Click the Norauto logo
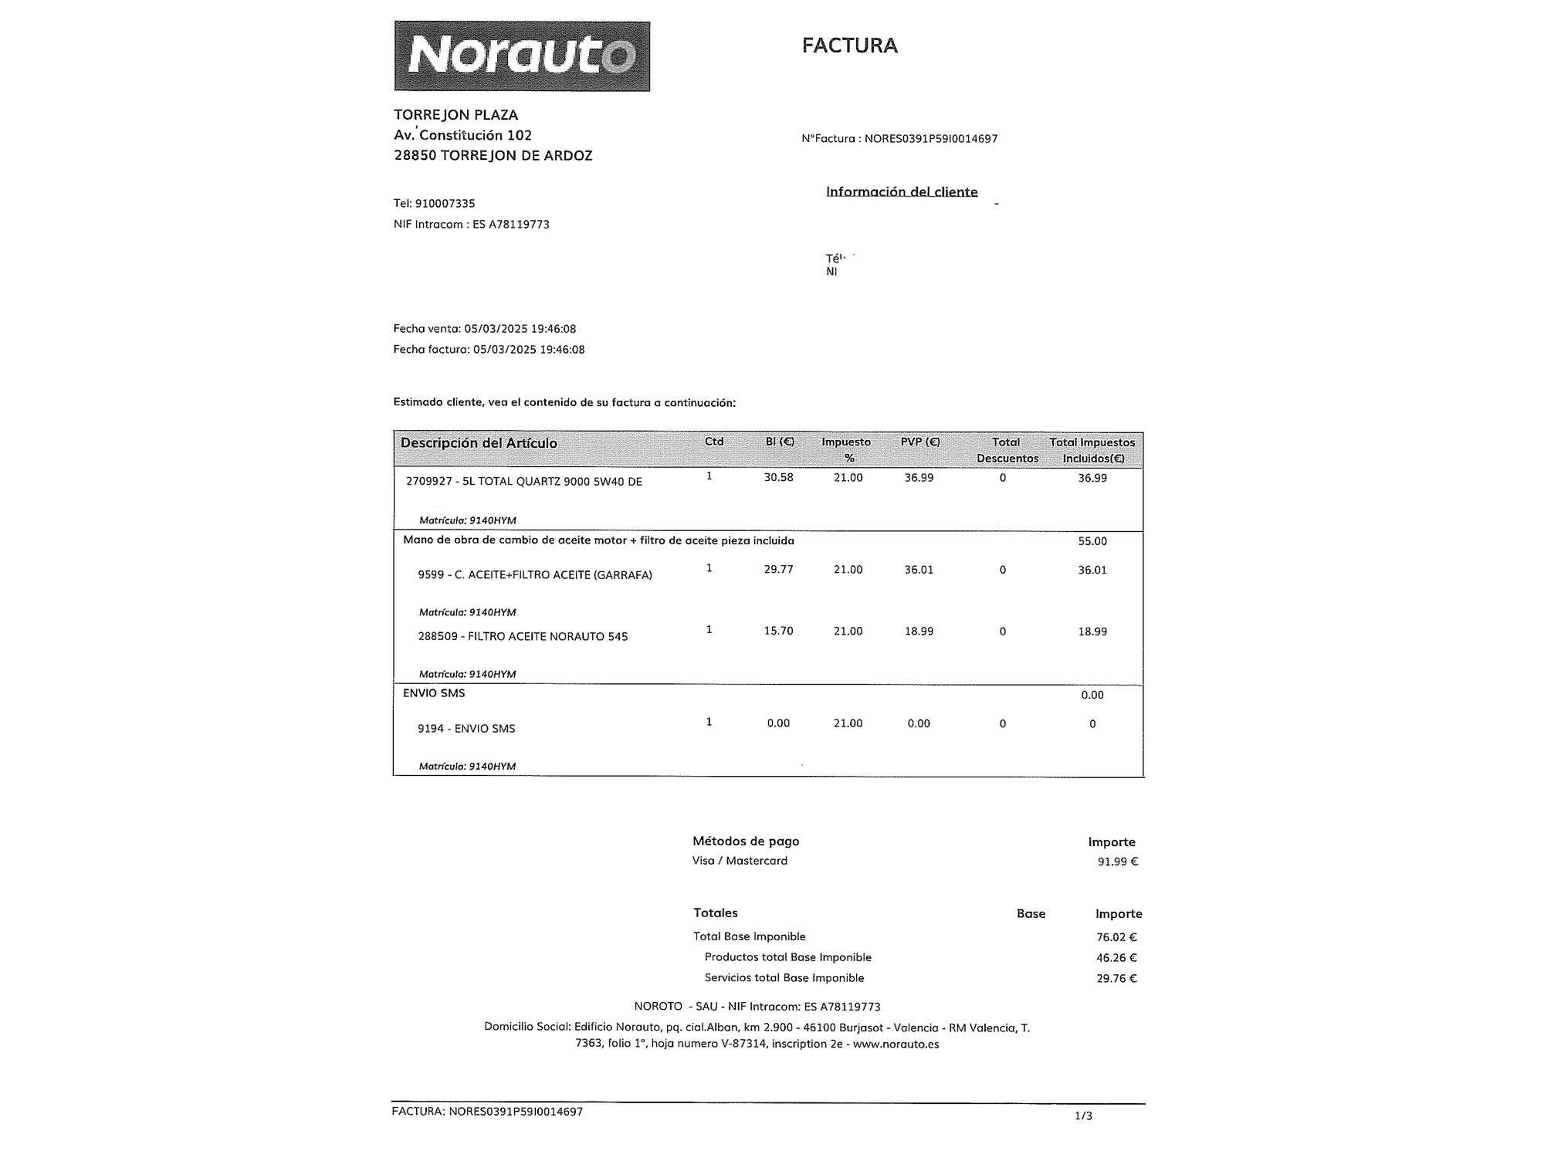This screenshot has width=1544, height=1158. point(522,56)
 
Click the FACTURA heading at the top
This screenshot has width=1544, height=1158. point(849,46)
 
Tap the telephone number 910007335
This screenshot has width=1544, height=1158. point(445,204)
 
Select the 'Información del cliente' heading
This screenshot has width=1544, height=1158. point(902,191)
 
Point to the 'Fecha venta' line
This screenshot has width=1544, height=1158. point(484,329)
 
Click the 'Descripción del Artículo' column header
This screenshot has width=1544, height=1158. point(479,443)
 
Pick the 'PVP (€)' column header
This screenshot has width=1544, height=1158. point(919,442)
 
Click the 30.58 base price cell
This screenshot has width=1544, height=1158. point(778,478)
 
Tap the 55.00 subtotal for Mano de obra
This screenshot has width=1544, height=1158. point(1092,541)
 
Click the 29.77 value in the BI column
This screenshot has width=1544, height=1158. point(778,570)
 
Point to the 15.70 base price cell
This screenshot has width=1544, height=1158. point(778,631)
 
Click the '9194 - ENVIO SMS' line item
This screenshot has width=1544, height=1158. point(466,729)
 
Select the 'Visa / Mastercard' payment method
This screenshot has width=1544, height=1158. point(740,861)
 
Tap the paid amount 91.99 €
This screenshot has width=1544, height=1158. point(1117,862)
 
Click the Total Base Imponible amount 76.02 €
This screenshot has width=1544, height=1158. point(1116,938)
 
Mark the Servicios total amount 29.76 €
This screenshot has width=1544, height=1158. point(1116,979)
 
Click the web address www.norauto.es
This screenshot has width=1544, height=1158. point(896,1045)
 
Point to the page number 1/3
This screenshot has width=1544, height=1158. point(1083,1116)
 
